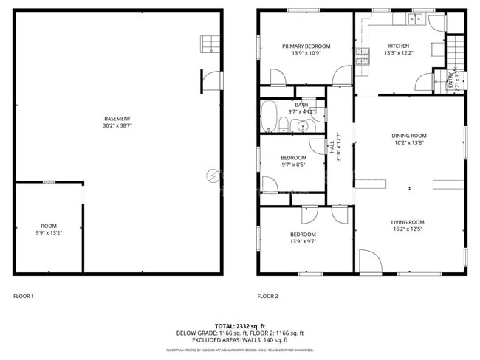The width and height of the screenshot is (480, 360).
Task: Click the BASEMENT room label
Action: tap(117, 119)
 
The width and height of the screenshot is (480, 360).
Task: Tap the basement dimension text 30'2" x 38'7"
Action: tap(117, 126)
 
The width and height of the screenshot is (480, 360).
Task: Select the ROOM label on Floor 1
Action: tap(49, 226)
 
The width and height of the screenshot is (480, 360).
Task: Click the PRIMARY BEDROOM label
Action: tap(306, 46)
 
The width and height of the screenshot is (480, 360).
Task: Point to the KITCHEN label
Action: tap(398, 46)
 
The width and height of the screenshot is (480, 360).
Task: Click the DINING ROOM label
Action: tap(409, 136)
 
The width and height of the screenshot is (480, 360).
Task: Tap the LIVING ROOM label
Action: tap(407, 222)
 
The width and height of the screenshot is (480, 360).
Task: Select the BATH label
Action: tap(301, 105)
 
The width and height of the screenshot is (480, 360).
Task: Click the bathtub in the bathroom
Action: tap(268, 117)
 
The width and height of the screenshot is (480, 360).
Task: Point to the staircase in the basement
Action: tap(208, 44)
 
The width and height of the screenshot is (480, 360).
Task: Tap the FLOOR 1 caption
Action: tap(24, 297)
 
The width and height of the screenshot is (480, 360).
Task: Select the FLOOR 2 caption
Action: tap(267, 297)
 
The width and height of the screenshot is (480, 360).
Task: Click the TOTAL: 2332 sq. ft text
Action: tap(240, 325)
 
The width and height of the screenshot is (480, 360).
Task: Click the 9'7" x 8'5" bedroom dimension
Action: tap(292, 165)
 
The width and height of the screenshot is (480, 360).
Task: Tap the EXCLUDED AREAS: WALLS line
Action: tap(240, 339)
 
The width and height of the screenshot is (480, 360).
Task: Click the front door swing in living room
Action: tap(368, 259)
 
